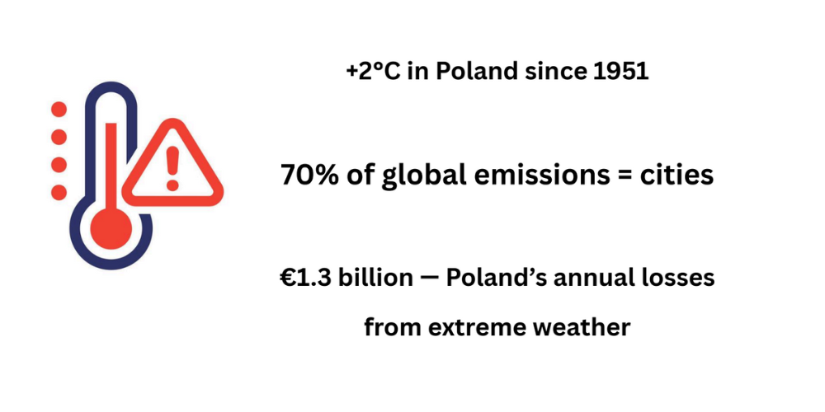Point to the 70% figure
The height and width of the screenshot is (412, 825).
pyautogui.click(x=310, y=175)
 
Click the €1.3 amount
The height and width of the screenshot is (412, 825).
pyautogui.click(x=305, y=278)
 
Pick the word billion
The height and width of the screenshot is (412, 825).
pyautogui.click(x=375, y=278)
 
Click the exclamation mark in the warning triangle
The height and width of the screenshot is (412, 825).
pyautogui.click(x=172, y=167)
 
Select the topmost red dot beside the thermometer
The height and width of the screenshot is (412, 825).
pyautogui.click(x=59, y=110)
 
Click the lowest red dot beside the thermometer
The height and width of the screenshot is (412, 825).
pyautogui.click(x=59, y=192)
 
